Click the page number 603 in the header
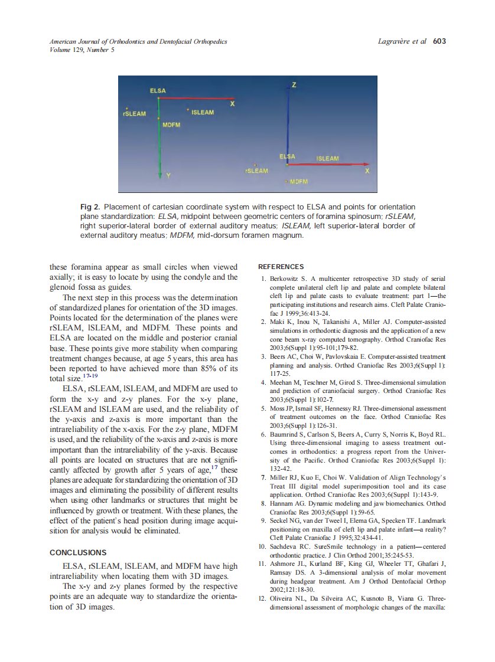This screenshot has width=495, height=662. (x=439, y=41)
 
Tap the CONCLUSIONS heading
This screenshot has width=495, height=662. (x=78, y=553)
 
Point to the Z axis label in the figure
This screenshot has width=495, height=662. (x=294, y=86)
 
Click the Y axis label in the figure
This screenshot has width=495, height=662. (x=168, y=175)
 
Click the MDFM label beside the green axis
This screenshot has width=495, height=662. (x=171, y=125)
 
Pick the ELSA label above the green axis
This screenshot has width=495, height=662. (x=158, y=91)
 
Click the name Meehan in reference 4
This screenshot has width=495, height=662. (x=282, y=383)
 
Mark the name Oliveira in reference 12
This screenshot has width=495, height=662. (x=283, y=598)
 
